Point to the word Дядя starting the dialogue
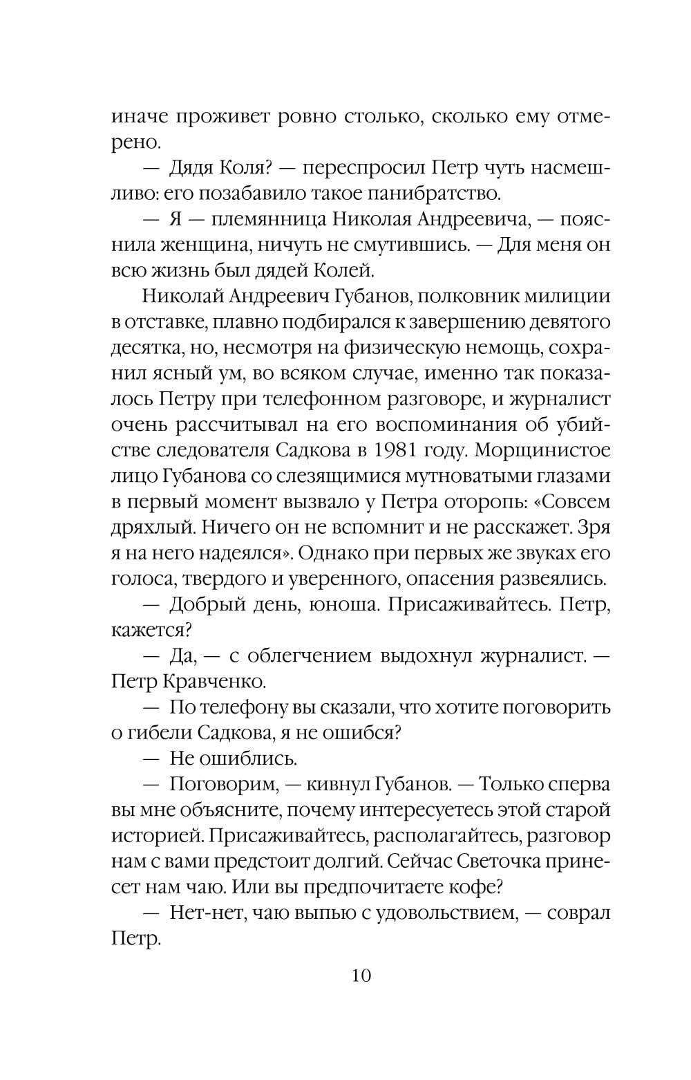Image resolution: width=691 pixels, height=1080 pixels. [x=194, y=168]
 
